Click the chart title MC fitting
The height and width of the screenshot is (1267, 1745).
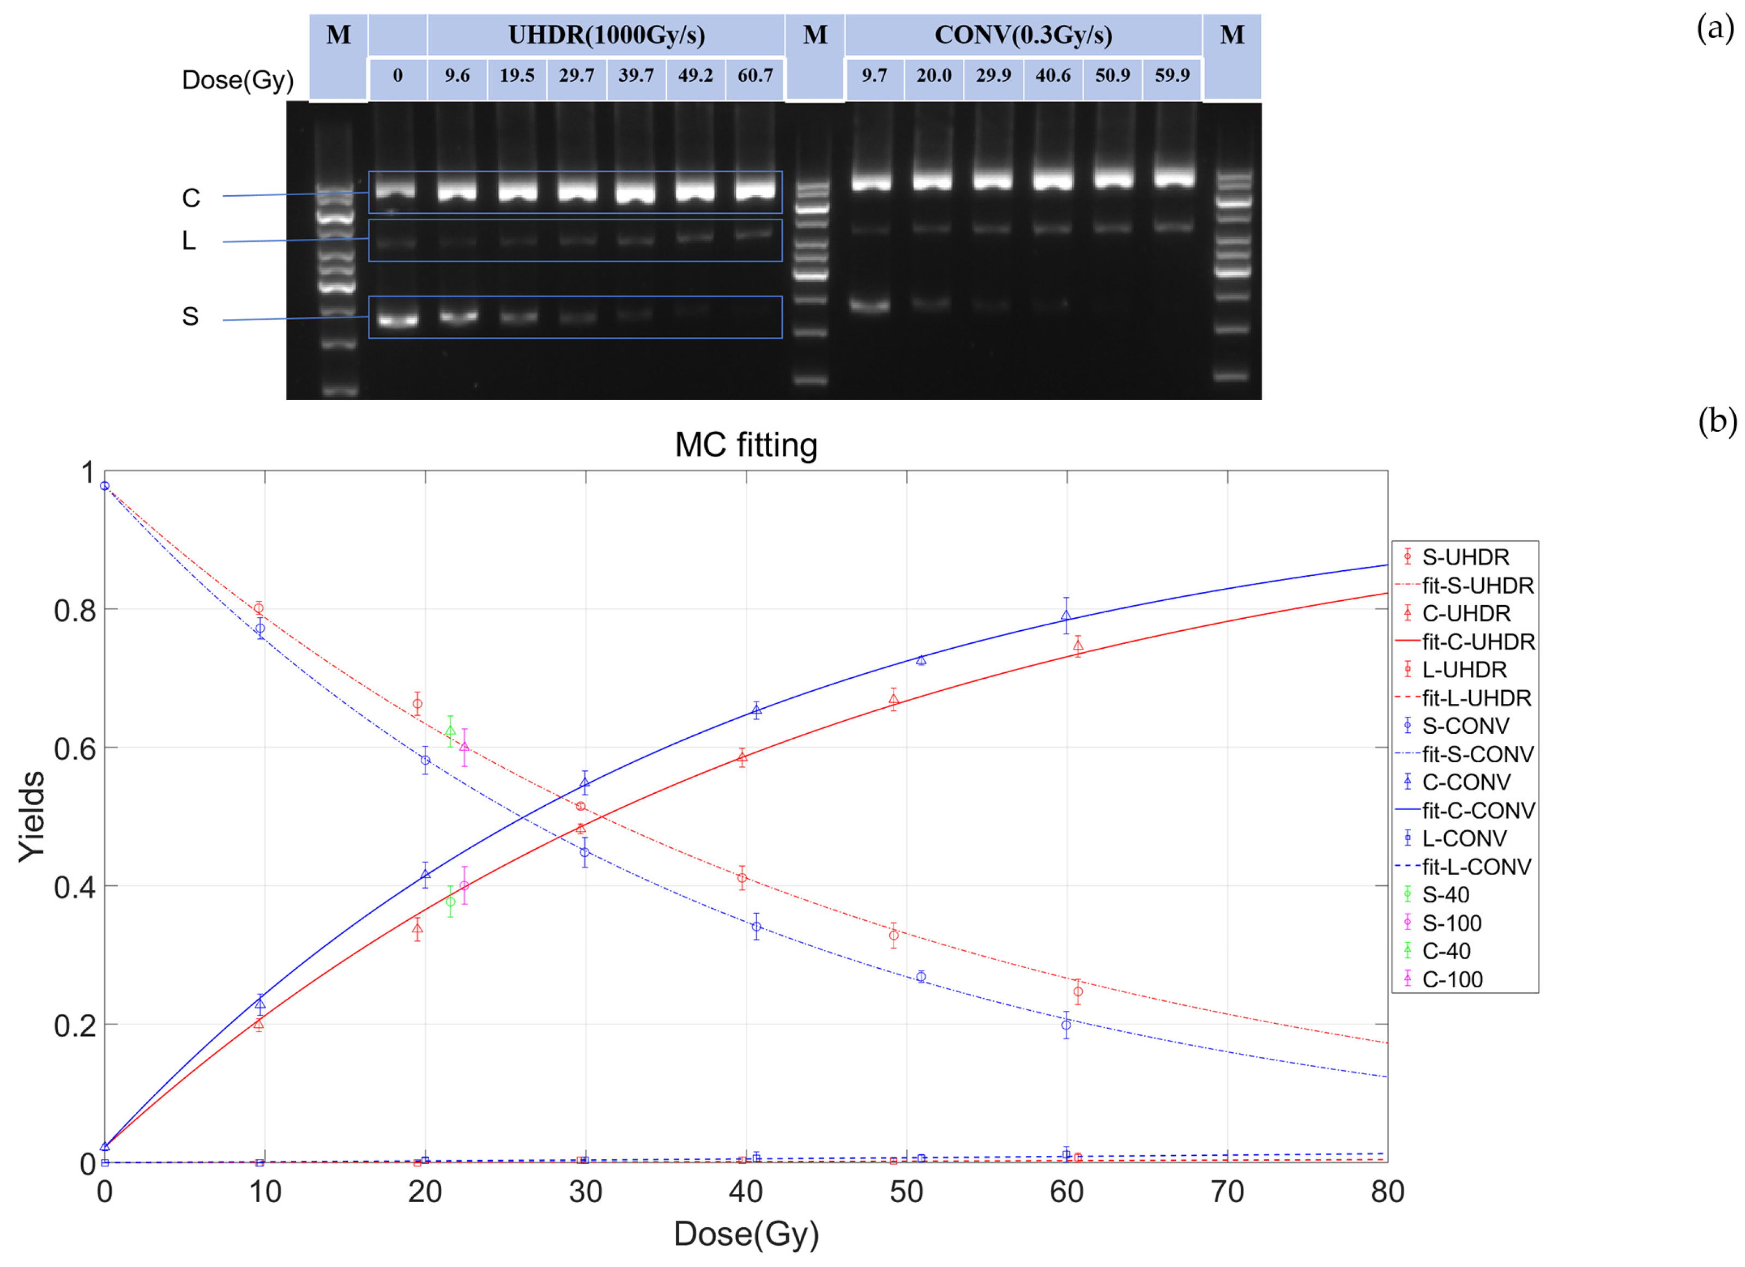pos(746,445)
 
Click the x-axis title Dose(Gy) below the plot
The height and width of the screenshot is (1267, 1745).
pos(746,1233)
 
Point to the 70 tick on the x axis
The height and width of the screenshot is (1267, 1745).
pos(1227,1192)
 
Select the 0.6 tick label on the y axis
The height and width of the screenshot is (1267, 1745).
pos(75,749)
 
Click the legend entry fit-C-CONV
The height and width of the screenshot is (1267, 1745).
pos(1477,810)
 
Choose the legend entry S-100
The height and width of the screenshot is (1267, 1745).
pos(1450,922)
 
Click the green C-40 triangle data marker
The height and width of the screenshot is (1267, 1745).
pos(450,731)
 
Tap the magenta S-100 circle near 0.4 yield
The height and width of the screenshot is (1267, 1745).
pos(464,885)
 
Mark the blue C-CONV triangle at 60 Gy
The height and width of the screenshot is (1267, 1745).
pos(1066,616)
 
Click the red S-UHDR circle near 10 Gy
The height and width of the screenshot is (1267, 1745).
pos(259,608)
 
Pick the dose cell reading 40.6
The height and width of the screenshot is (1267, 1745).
pos(1053,75)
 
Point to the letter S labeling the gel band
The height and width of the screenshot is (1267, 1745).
pos(190,316)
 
